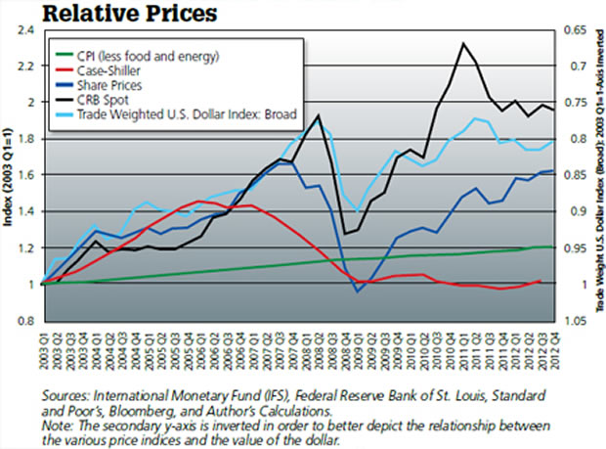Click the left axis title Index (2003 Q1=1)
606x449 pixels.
[9, 176]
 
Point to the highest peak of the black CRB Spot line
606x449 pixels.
[461, 44]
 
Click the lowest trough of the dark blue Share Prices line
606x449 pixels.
[358, 292]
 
